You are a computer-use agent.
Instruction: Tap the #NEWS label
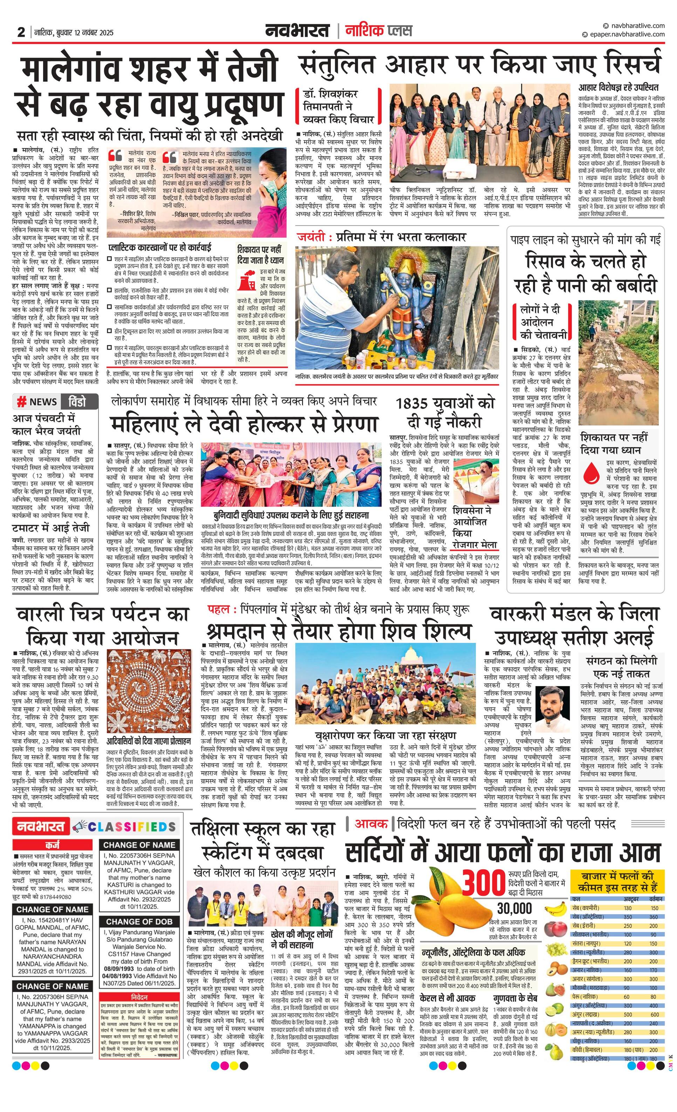point(37,402)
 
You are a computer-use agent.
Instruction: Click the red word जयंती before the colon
point(312,237)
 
